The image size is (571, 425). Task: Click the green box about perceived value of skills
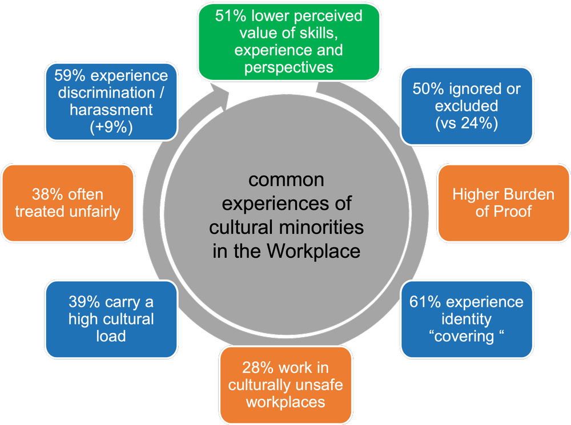(288, 41)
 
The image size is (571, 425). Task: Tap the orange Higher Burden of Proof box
(503, 203)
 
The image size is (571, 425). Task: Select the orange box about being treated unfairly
(68, 203)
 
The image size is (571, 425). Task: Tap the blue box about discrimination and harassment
(111, 100)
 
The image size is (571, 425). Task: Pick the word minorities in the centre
(327, 227)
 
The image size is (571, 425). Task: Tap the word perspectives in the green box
(288, 67)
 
